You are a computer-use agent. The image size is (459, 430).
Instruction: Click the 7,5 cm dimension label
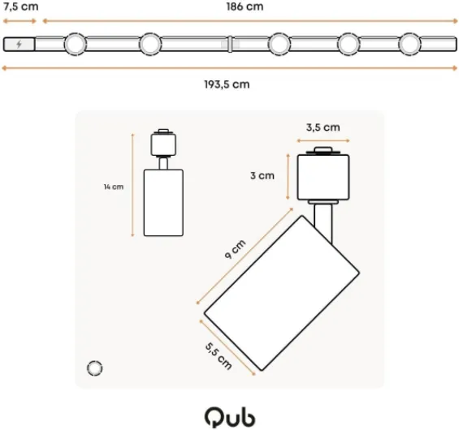click(x=21, y=6)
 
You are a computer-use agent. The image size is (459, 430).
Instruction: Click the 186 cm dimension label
click(x=245, y=6)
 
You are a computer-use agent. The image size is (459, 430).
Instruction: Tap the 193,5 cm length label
click(x=227, y=84)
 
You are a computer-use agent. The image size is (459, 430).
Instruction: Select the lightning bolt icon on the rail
click(x=19, y=44)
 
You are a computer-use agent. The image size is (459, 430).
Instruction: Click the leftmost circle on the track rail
click(x=75, y=44)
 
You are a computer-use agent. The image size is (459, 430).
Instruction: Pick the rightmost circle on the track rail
click(x=409, y=44)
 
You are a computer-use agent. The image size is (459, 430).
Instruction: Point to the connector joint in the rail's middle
click(x=230, y=44)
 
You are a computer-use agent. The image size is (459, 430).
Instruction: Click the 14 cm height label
click(x=114, y=187)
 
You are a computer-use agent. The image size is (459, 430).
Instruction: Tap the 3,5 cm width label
click(x=323, y=127)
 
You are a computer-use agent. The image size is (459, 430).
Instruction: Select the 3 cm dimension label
click(x=262, y=176)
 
